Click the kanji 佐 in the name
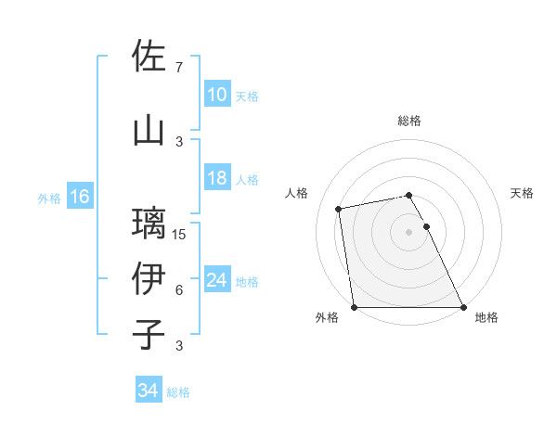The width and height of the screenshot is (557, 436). pos(149,56)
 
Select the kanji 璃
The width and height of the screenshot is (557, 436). pos(149,223)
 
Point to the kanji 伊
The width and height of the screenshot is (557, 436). pos(149,277)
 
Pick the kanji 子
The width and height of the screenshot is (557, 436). pos(149,333)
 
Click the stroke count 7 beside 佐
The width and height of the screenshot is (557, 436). pos(179,67)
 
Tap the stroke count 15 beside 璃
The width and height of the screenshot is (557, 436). pos(180,234)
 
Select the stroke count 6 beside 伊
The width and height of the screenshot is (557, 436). pos(179,289)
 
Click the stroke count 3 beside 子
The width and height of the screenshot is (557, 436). pos(179,346)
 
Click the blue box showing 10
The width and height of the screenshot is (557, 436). pos(216,95)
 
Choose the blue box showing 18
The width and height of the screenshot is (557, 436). pos(216,178)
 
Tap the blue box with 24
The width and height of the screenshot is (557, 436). pos(216,280)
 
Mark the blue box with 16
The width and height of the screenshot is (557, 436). pos(80,197)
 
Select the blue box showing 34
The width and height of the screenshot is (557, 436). pos(148,391)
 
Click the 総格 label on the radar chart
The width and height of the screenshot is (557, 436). pos(408,121)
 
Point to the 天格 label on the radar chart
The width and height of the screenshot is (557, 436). pos(523,193)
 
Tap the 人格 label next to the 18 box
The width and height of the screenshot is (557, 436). pos(247,179)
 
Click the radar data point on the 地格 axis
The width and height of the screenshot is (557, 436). pos(462,306)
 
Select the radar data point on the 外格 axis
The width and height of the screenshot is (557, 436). pos(354,306)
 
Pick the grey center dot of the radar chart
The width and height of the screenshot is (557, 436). pos(408,231)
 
